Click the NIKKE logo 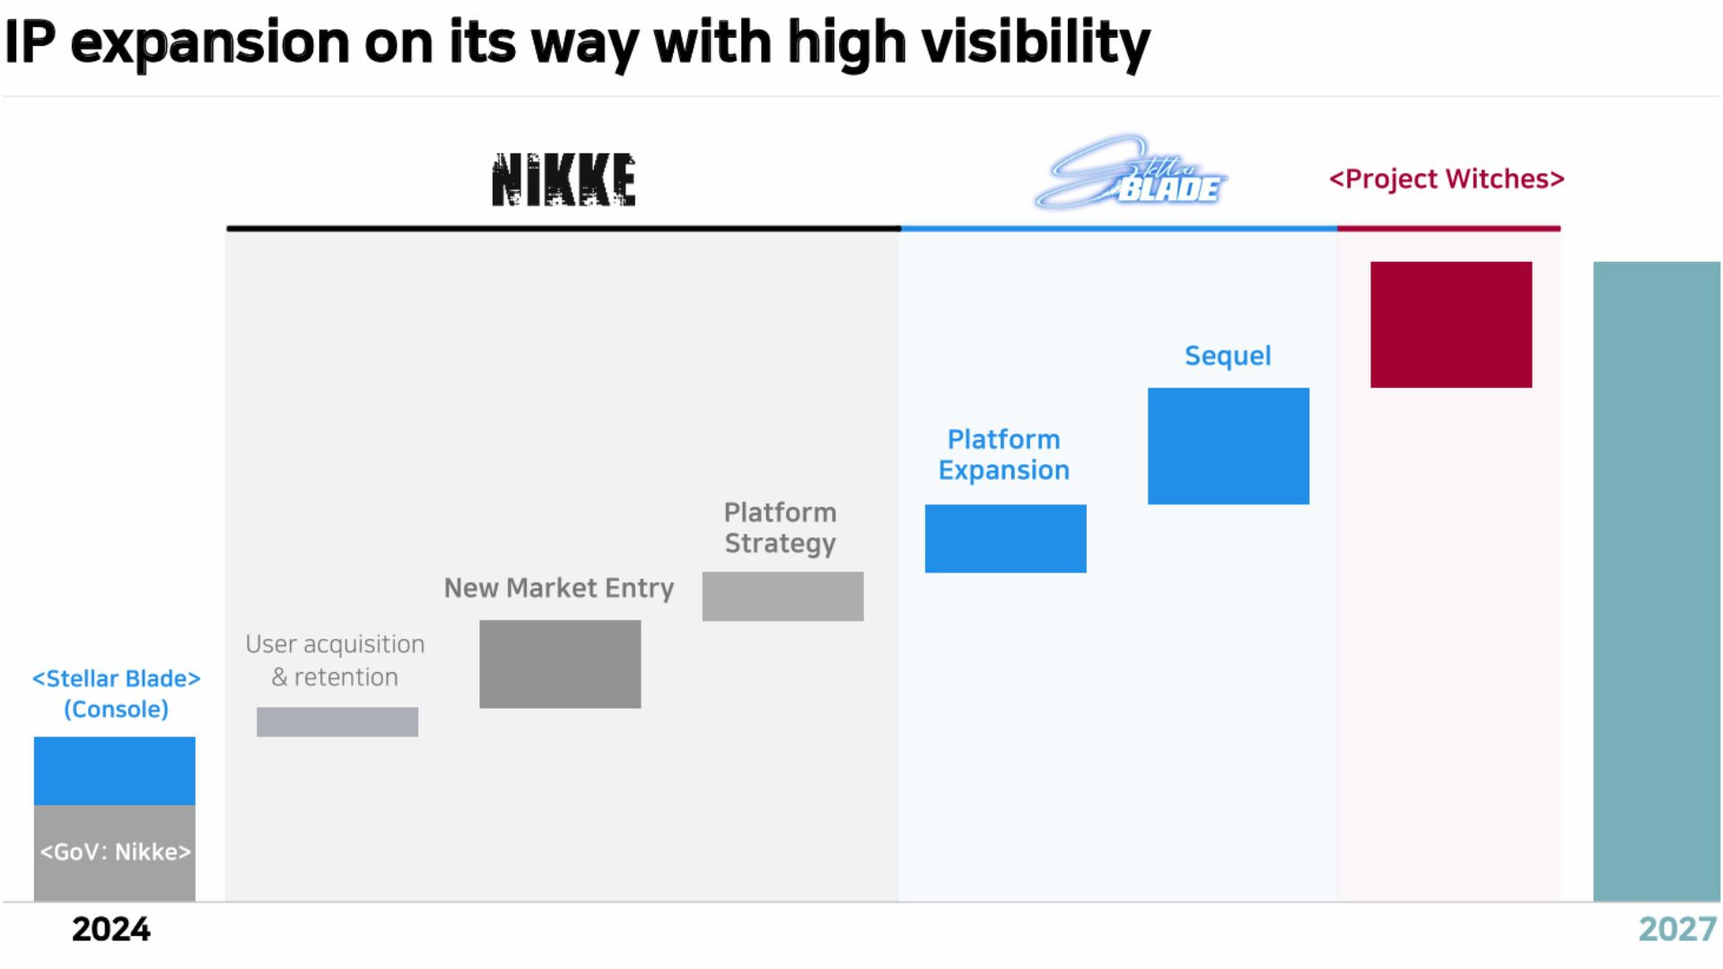tap(564, 179)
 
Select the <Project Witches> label tap(1447, 179)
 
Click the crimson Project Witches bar tap(1451, 325)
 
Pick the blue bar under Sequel tap(1228, 446)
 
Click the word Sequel tap(1228, 356)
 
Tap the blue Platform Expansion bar tap(1005, 538)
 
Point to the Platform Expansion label tap(1004, 455)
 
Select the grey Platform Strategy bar tap(783, 597)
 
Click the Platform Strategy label tap(780, 528)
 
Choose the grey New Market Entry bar tap(560, 664)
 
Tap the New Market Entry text tap(559, 589)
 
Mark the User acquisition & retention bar tap(337, 722)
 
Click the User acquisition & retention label tap(335, 660)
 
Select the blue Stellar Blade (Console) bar tap(115, 771)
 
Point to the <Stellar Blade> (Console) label tap(116, 694)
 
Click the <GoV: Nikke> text tap(115, 851)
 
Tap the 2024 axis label tap(111, 930)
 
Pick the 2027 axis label tap(1676, 930)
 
